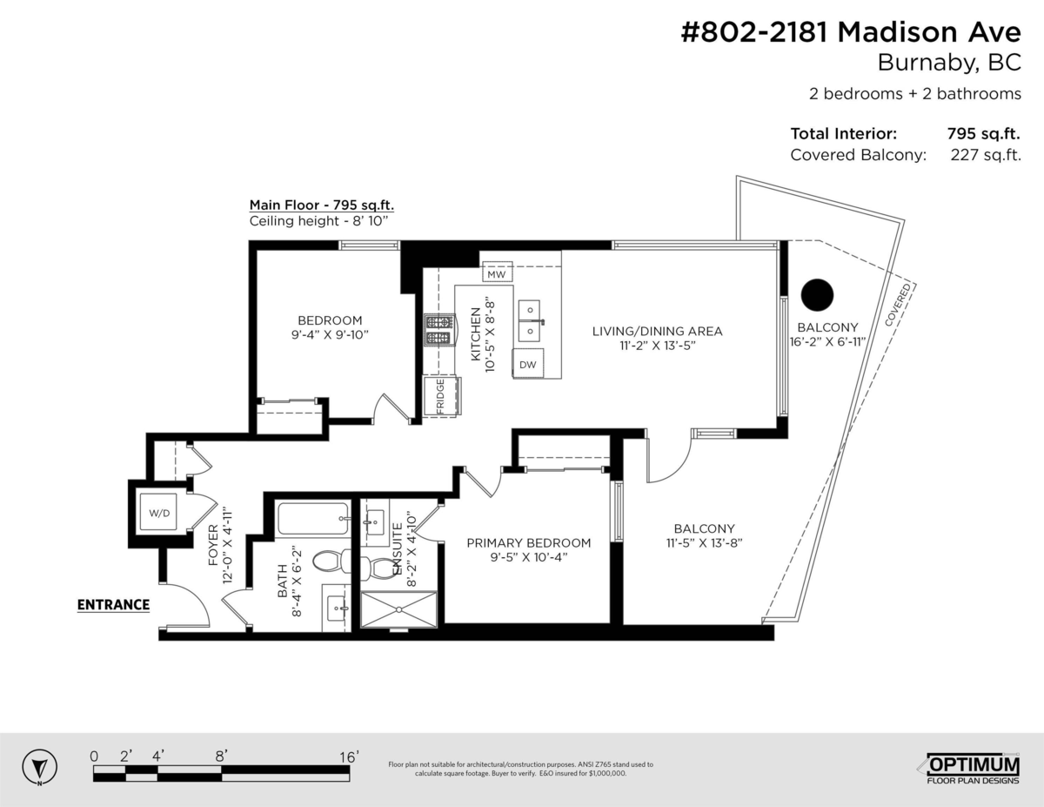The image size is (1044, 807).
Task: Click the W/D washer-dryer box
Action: click(x=160, y=514)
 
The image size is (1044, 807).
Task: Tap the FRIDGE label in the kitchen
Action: click(x=440, y=396)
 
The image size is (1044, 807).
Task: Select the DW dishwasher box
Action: click(x=528, y=365)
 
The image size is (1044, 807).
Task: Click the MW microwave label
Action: click(x=496, y=274)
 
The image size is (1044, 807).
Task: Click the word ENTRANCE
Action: click(x=113, y=605)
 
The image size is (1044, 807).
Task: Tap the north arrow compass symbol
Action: click(x=38, y=768)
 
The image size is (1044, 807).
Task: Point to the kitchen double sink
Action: click(x=529, y=321)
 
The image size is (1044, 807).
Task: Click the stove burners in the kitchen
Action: click(x=438, y=329)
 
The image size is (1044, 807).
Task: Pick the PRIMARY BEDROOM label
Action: click(x=528, y=542)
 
